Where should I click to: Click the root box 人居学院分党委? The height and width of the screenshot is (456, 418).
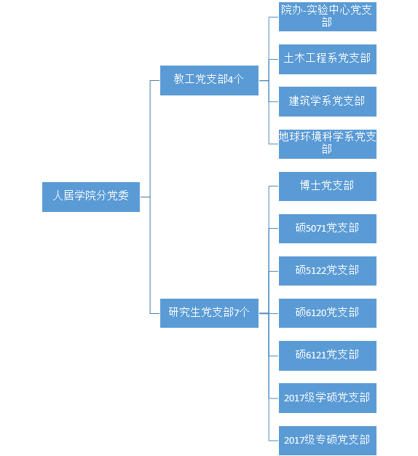coord(91,197)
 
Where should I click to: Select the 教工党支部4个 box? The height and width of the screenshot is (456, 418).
coord(209,80)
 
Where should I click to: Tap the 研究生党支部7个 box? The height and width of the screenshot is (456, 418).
coord(209,313)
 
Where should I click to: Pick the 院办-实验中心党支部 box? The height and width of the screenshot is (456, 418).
coord(328,17)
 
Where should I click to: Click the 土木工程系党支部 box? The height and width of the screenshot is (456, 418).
coord(328,59)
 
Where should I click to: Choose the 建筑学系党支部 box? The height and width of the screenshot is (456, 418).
coord(328,101)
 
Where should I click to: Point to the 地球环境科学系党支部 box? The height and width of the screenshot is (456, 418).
coord(328,144)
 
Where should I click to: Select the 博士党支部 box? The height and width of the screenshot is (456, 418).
coord(328,186)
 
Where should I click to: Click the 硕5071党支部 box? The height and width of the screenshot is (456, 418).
coord(328,229)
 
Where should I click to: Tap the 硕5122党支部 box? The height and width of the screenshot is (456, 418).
coord(328,271)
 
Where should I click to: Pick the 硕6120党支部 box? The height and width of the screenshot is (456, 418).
coord(328,313)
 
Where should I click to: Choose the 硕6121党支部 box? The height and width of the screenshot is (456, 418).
coord(328,355)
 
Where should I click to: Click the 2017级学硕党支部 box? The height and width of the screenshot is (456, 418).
coord(328,398)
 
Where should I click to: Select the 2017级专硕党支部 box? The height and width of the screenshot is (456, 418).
coord(328,441)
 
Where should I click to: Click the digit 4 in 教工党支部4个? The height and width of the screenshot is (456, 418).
coord(231,79)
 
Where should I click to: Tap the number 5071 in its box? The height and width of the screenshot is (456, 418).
coord(315,228)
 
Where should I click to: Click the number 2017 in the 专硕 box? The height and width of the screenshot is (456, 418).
coord(293,440)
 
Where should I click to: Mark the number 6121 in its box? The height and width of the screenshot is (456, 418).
coord(315,355)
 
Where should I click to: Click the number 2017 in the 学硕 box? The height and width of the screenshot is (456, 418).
coord(293,398)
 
